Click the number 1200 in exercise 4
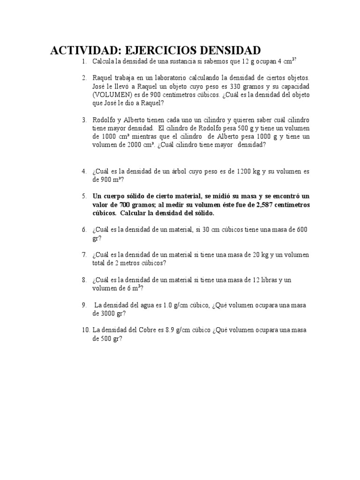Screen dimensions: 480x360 click(245, 171)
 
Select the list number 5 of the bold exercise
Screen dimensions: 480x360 click(84, 196)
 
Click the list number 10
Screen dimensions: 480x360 click(85, 330)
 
